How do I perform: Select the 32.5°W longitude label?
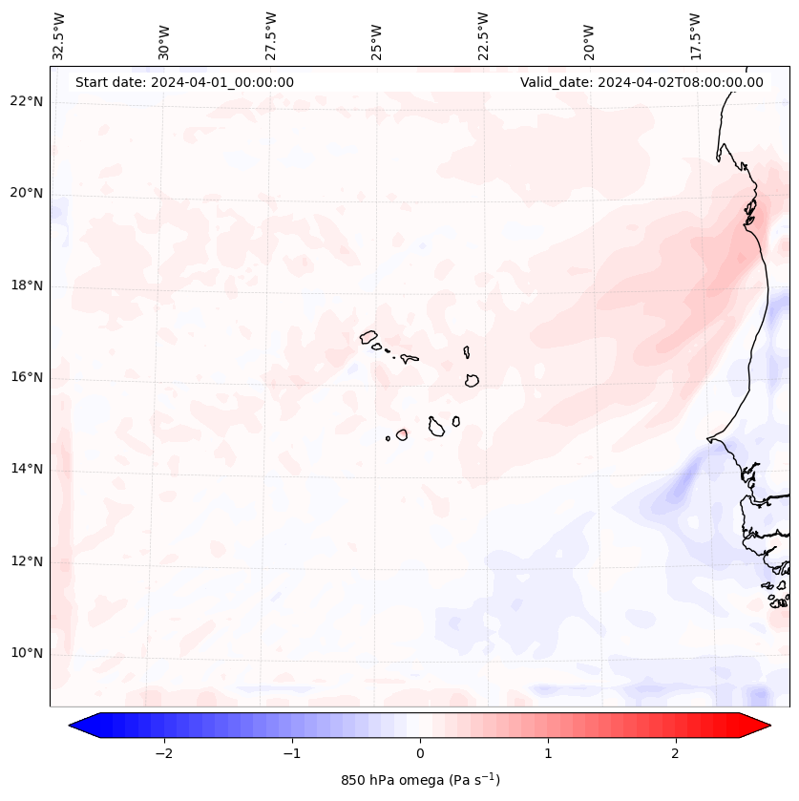click(x=59, y=35)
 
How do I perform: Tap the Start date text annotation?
click(x=184, y=82)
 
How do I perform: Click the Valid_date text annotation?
click(x=641, y=82)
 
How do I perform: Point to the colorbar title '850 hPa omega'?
click(x=420, y=780)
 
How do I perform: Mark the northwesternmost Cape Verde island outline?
click(x=368, y=336)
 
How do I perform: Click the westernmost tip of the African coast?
click(x=708, y=439)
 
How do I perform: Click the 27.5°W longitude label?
click(x=271, y=35)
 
